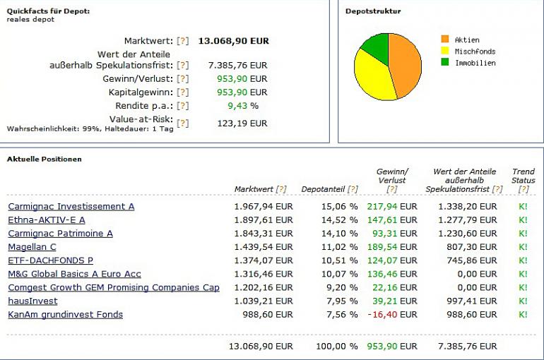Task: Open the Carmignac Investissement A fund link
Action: [71, 206]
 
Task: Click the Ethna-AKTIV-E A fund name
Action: [46, 220]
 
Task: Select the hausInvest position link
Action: [32, 301]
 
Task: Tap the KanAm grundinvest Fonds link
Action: [65, 314]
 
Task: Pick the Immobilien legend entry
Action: [475, 63]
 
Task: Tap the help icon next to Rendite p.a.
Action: [183, 105]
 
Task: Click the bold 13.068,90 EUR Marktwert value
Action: [233, 41]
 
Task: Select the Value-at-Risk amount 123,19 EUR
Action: [242, 123]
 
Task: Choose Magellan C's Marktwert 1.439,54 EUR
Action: [263, 247]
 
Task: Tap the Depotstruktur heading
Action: [372, 11]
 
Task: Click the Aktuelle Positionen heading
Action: [44, 159]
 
